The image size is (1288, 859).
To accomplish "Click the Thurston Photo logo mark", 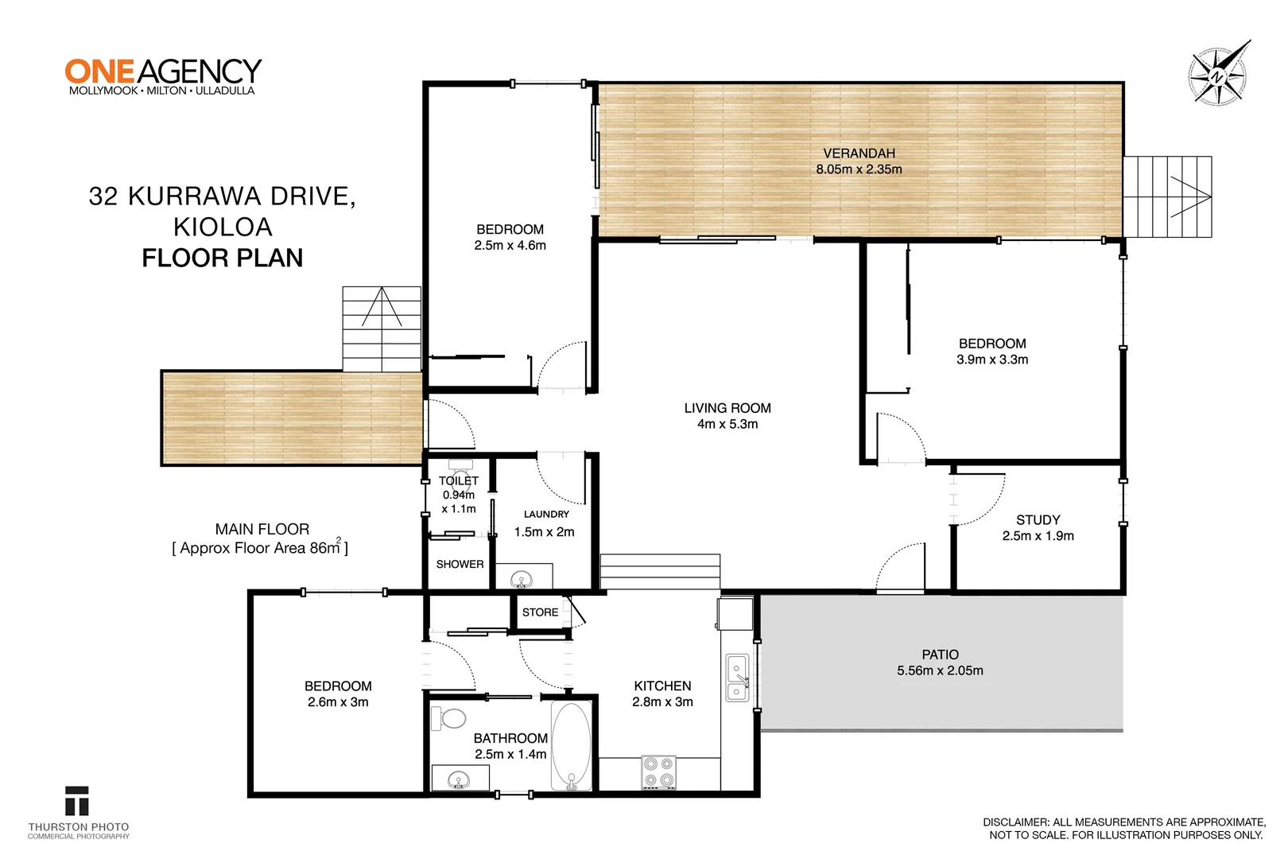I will point(77,802).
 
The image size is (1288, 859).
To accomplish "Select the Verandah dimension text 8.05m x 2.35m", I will point(859,169).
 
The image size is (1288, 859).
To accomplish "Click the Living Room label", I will point(727,408).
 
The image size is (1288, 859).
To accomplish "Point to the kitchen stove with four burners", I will point(658,772).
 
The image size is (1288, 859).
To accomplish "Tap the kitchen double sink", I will point(737,678).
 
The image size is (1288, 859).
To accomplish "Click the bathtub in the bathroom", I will point(572,745).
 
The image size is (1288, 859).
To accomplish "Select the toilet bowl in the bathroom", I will point(451,719).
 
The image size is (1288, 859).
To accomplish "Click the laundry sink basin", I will point(521,578).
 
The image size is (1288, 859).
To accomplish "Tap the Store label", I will point(540,612).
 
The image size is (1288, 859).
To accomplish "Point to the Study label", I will point(1038,519).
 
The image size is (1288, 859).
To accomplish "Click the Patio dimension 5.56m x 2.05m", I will point(940,670).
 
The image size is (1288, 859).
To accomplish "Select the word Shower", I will point(460,564).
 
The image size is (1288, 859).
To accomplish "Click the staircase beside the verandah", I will point(1167,196).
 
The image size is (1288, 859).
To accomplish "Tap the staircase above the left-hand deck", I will point(382,328).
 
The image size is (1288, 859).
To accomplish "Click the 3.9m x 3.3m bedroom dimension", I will point(992,360).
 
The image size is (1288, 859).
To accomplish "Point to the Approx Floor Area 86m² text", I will point(260,548).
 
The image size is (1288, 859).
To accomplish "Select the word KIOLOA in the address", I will point(223,227).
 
